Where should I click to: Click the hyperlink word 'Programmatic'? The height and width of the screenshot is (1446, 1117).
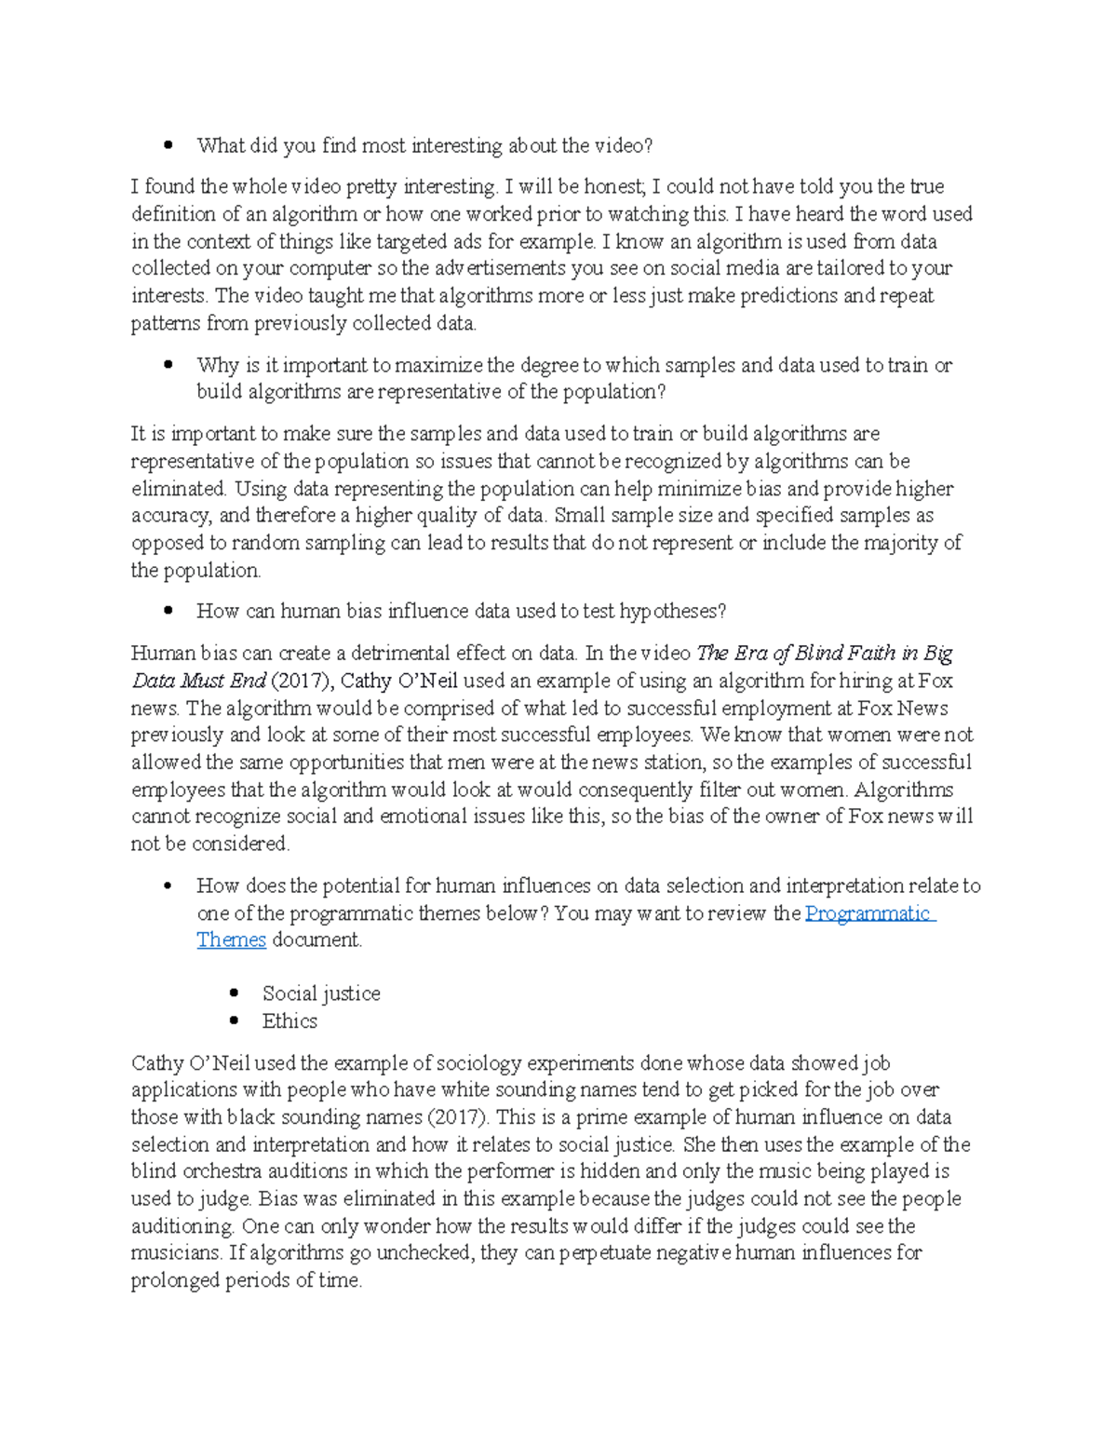click(868, 913)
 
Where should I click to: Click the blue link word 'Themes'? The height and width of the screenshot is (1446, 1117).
click(231, 940)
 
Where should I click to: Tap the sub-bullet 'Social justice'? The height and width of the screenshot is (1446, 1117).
click(321, 993)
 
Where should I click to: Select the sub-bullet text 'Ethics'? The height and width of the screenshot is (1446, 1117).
click(289, 1021)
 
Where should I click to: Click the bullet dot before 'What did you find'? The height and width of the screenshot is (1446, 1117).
click(168, 145)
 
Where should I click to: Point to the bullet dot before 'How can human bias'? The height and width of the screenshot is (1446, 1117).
click(168, 612)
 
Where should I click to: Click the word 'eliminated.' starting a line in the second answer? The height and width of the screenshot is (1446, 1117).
click(179, 489)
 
